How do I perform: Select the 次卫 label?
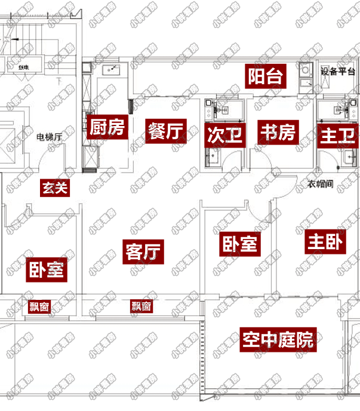click(x=224, y=134)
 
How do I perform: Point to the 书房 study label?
click(x=277, y=132)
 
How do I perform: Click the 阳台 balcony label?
click(x=264, y=76)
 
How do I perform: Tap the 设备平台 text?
click(x=339, y=72)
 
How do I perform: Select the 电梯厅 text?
click(x=50, y=137)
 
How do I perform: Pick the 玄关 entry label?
click(x=55, y=188)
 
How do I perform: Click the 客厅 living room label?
click(x=144, y=251)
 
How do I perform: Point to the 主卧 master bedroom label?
click(x=324, y=242)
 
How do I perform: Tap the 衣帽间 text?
click(x=321, y=184)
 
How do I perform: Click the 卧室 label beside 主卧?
click(x=239, y=243)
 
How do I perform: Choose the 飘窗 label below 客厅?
click(x=141, y=306)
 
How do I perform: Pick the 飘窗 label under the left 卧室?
click(x=40, y=307)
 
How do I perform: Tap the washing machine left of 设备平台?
click(x=306, y=71)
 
